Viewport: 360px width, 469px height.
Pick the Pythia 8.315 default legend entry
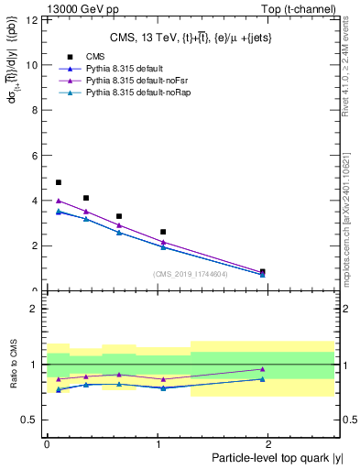pyautogui.click(x=115, y=69)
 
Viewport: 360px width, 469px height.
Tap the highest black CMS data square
pyautogui.click(x=59, y=182)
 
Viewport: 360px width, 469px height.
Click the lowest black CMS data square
pyautogui.click(x=263, y=271)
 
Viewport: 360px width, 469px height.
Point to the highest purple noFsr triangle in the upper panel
pyautogui.click(x=59, y=201)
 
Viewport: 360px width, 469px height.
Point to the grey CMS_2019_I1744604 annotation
pyautogui.click(x=191, y=275)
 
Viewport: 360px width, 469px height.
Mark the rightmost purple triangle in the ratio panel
pyautogui.click(x=263, y=369)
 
